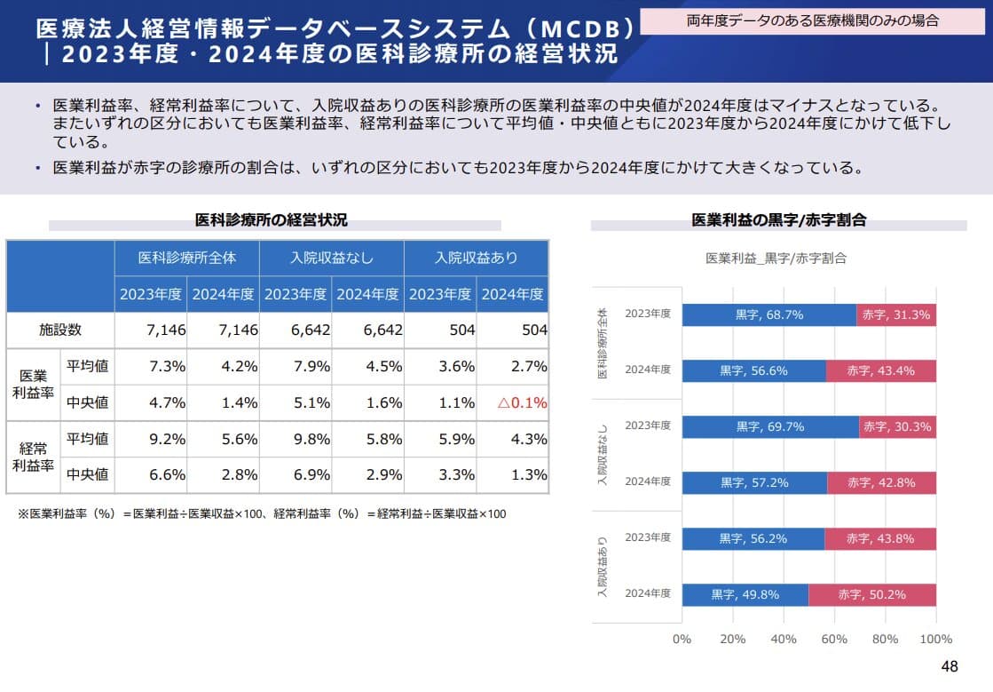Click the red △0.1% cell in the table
523,402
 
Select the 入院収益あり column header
476,259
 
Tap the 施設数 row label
60,330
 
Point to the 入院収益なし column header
332,259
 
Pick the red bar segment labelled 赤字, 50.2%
871,594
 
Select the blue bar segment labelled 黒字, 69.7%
770,426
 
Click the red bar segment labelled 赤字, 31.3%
896,314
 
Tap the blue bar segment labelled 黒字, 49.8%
745,594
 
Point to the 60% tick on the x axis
834,639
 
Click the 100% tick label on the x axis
935,639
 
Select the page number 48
950,667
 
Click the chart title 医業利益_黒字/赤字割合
776,259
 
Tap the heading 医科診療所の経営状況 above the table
272,219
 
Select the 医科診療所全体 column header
187,259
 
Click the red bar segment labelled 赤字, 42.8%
881,482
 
